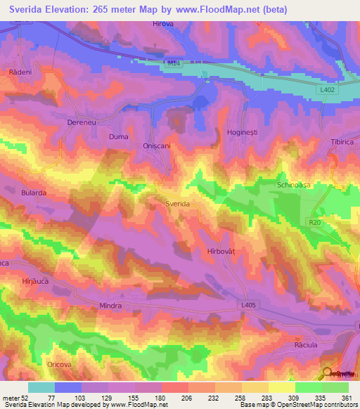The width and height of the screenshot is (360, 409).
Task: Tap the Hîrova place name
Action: (162, 24)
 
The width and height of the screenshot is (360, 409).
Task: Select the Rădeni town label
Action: (20, 72)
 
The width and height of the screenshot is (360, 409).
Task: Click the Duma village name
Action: (117, 136)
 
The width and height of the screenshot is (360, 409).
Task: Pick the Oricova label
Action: (60, 364)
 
